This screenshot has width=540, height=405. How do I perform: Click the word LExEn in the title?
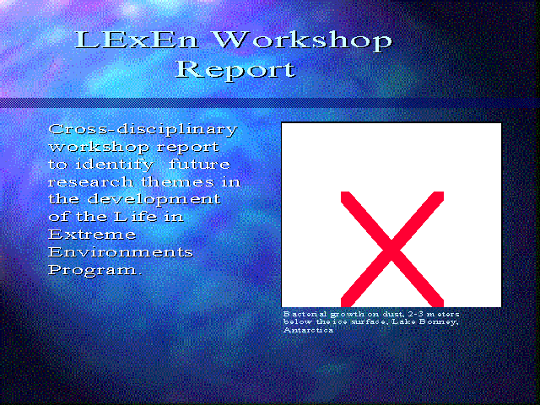click(137, 40)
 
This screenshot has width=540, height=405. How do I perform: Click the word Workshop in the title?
click(303, 41)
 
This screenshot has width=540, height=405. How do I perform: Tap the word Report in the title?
click(236, 70)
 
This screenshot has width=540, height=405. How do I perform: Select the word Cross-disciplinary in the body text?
click(143, 130)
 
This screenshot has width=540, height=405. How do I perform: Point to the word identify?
click(115, 165)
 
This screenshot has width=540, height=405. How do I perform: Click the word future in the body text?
click(200, 164)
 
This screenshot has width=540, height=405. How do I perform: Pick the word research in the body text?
click(91, 182)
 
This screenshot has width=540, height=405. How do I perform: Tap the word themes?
click(177, 182)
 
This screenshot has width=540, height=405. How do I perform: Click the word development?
click(154, 200)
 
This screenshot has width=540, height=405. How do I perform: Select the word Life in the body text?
click(135, 217)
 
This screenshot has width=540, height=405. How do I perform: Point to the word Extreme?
click(92, 235)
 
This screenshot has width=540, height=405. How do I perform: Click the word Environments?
click(121, 252)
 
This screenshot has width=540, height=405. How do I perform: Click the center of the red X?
click(391, 249)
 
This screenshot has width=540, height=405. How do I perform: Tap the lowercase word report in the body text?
click(187, 148)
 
